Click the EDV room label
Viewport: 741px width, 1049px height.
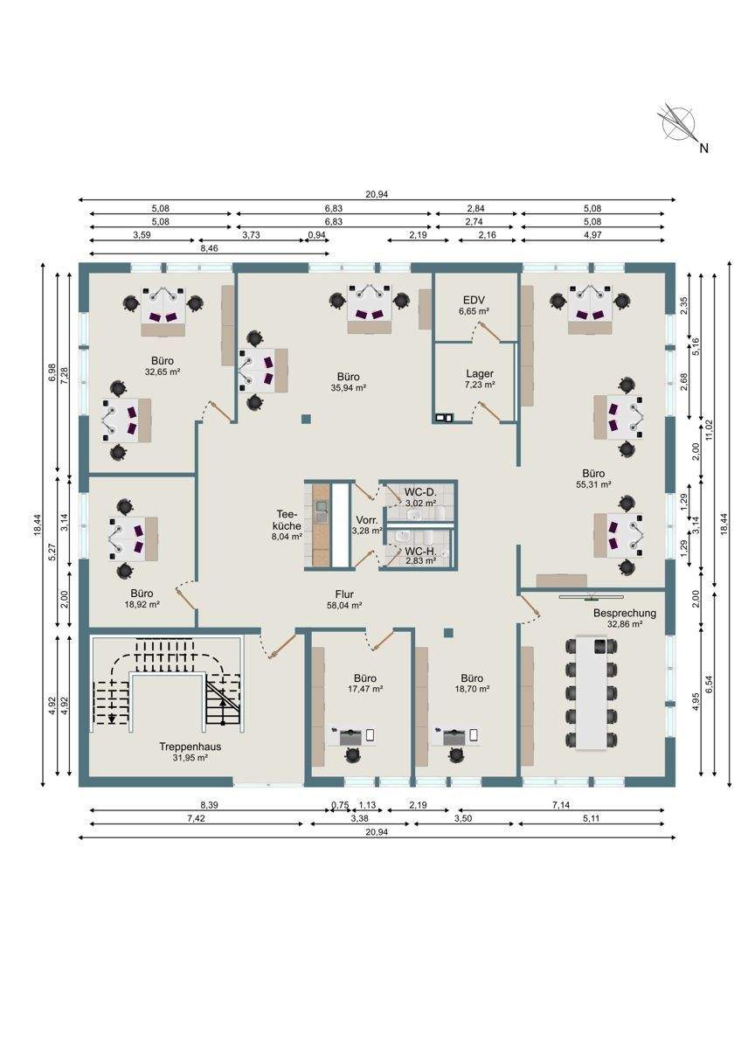474,300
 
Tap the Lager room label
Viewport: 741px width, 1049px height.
480,374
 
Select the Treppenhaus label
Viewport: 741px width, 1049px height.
190,747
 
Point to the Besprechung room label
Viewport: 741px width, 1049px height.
625,613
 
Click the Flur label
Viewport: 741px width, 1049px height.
344,594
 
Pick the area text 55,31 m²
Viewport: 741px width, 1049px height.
593,484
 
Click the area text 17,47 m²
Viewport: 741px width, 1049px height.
365,689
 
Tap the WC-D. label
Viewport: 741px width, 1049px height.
420,492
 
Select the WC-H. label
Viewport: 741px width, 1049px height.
420,552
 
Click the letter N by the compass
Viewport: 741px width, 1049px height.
703,149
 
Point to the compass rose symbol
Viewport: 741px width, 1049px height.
678,123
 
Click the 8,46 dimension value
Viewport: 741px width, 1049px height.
209,248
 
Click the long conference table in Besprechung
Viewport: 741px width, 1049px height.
592,692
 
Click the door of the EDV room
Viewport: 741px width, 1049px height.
489,330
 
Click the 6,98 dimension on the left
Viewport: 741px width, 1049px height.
52,372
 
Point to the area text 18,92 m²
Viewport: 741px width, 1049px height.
142,604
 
